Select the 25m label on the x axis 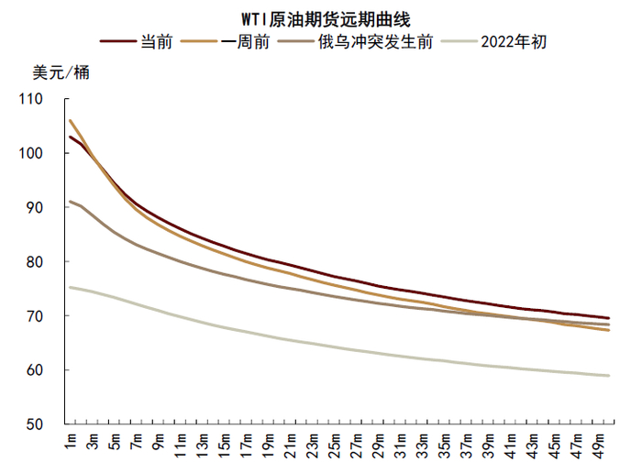coord(334,445)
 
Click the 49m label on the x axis coord(598,445)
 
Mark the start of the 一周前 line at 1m coord(71,120)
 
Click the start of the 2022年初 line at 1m coord(71,287)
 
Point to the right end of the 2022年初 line coord(609,375)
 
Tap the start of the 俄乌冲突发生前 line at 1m coord(71,201)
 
